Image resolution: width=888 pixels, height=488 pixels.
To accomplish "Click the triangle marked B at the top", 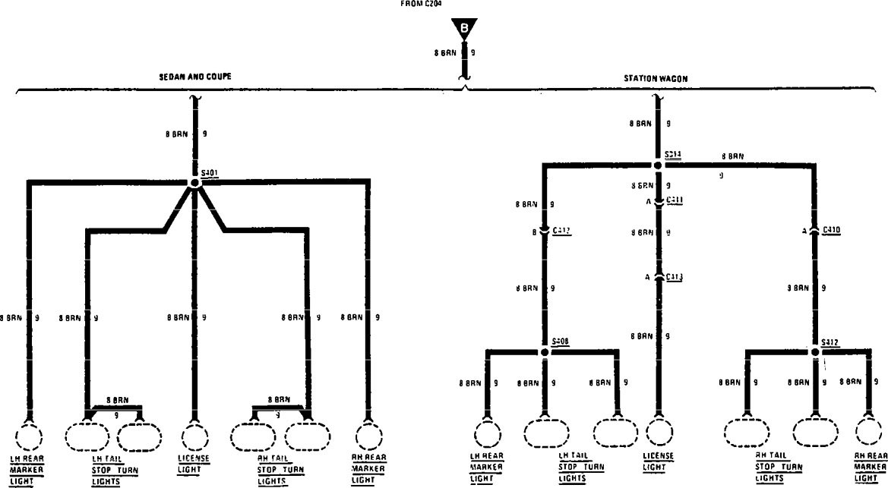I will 464,28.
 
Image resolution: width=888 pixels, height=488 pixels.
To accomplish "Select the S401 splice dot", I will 195,183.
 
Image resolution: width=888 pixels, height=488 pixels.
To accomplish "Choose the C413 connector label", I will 675,277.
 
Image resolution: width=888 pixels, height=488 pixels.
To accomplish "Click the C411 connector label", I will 675,200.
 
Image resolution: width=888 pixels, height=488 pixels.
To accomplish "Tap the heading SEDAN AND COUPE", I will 195,77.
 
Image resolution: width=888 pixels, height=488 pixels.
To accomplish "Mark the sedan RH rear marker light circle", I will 368,437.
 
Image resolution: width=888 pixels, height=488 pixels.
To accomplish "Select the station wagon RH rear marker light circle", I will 869,433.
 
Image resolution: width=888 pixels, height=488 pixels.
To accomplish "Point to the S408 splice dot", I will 545,351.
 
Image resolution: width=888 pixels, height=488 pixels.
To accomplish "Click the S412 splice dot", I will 814,351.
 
